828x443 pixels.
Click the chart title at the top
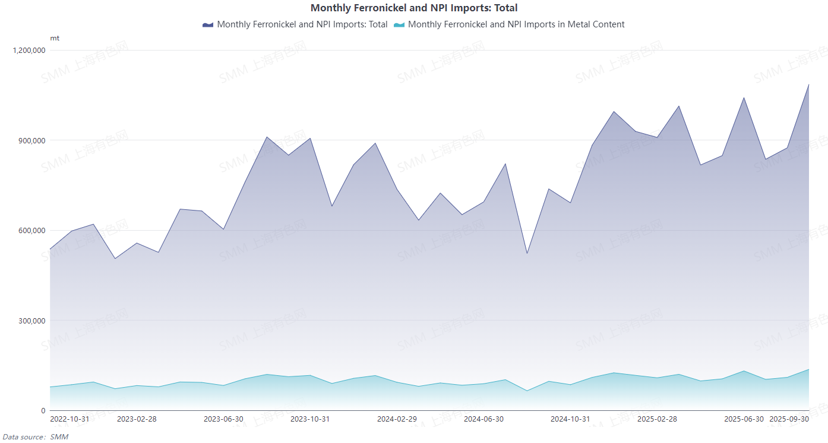(x=414, y=8)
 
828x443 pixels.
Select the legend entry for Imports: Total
(x=302, y=24)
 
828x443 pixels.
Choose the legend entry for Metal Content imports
(x=516, y=24)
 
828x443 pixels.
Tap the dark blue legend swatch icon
(x=208, y=24)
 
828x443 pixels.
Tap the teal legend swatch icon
(x=399, y=24)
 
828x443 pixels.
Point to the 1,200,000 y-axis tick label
(x=29, y=51)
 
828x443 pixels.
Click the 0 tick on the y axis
(x=43, y=411)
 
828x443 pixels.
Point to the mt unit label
(x=55, y=38)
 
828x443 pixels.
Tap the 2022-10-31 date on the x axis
(x=70, y=419)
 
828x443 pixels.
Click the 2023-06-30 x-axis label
(x=223, y=419)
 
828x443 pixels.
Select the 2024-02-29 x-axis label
(x=397, y=419)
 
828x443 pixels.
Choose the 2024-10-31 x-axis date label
(x=570, y=419)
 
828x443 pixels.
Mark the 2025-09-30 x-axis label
(x=789, y=419)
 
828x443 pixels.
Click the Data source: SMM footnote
(x=36, y=437)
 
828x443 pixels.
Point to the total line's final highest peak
(x=808, y=84)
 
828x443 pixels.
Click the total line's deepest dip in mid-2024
(x=527, y=254)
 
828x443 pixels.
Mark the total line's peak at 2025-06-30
(x=744, y=98)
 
